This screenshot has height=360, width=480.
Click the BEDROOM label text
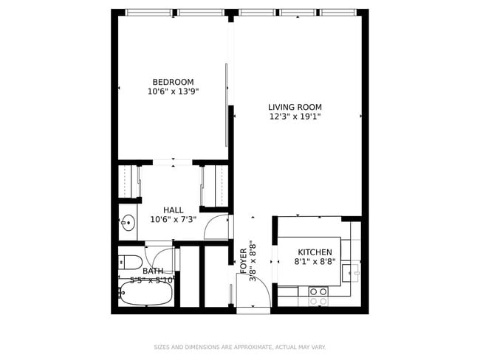click(x=173, y=82)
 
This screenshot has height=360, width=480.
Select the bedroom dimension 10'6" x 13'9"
click(x=173, y=91)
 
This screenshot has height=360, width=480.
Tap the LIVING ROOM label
click(x=295, y=107)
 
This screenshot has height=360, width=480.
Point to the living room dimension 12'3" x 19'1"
click(x=295, y=117)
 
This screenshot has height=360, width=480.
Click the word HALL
click(x=173, y=210)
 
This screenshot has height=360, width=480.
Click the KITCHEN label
click(x=315, y=252)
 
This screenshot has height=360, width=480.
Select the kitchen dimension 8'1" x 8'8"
click(x=315, y=261)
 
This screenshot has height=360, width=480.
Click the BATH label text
click(x=153, y=271)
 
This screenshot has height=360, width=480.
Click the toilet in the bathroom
click(x=130, y=261)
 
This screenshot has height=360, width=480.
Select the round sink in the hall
click(x=128, y=222)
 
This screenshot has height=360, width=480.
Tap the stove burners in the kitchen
click(x=318, y=296)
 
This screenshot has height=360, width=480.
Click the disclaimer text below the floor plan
click(x=239, y=347)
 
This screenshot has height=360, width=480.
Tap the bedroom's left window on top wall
click(x=148, y=13)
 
